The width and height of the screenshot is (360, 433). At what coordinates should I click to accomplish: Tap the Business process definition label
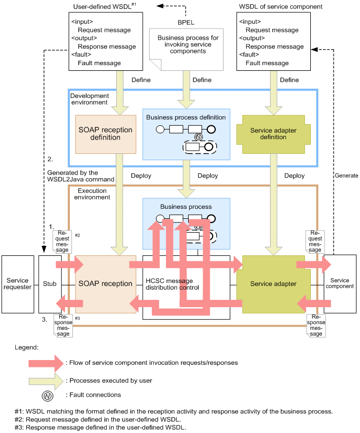[x=186, y=117]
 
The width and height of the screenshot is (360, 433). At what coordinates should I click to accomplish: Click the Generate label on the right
[x=346, y=176]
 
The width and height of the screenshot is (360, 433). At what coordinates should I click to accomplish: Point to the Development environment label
[x=90, y=99]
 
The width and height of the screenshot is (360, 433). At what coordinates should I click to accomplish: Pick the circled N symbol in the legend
[x=47, y=394]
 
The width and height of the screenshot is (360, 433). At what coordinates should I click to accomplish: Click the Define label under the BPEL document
[x=201, y=80]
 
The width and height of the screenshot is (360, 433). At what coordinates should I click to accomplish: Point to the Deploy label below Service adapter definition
[x=294, y=176]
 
